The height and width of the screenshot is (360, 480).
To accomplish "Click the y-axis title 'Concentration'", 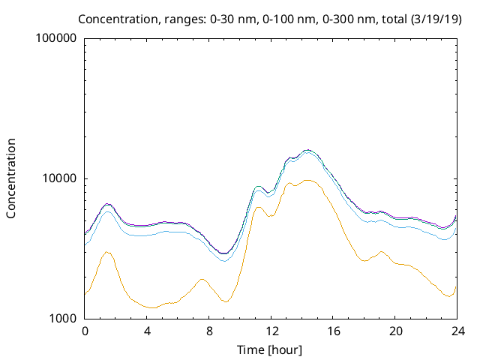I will [11, 178].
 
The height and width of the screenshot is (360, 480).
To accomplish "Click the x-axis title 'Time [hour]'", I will [271, 349].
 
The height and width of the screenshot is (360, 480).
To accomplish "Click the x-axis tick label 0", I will [85, 331].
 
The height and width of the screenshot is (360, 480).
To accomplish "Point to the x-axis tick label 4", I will [147, 331].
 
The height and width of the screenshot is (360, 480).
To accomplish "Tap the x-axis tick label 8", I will [209, 331].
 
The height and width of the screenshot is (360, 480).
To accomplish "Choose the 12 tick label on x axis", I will [271, 331].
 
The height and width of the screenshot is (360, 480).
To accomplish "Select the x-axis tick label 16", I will [334, 331].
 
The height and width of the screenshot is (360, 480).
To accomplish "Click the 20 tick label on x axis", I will [396, 331].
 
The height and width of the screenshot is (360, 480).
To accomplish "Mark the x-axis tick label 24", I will [458, 331].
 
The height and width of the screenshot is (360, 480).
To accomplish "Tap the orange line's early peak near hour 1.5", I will [108, 252].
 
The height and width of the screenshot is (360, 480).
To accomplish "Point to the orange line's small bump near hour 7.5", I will [202, 279].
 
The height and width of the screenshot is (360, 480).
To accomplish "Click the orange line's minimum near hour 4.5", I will [153, 307].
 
